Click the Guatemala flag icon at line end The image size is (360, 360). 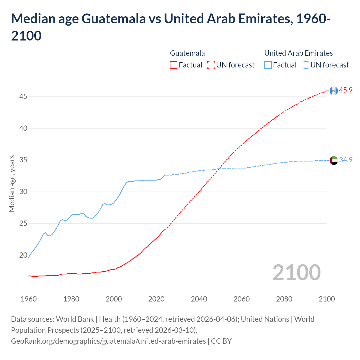coord(334,91)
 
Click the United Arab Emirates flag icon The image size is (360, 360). coord(334,160)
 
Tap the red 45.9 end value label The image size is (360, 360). coord(346,90)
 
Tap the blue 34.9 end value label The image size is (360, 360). coord(346,160)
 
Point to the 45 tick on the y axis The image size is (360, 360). coord(23,97)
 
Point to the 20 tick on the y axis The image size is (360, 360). coord(23,255)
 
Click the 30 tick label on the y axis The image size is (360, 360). coord(23,192)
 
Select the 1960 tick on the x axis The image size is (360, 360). coord(29,299)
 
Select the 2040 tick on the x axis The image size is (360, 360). coord(199,299)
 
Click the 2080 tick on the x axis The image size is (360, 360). coord(284,299)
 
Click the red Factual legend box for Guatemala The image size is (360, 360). coord(174,65)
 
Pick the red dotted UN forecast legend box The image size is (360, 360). coord(211,65)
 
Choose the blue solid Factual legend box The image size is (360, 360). coord(268,65)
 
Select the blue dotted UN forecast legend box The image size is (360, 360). coord(305,65)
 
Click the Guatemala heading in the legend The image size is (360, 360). coord(187,53)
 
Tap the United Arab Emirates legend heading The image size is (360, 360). coord(298,53)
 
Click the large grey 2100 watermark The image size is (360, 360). coord(296,272)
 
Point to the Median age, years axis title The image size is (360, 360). coord(12,183)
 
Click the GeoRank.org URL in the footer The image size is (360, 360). coord(108,341)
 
